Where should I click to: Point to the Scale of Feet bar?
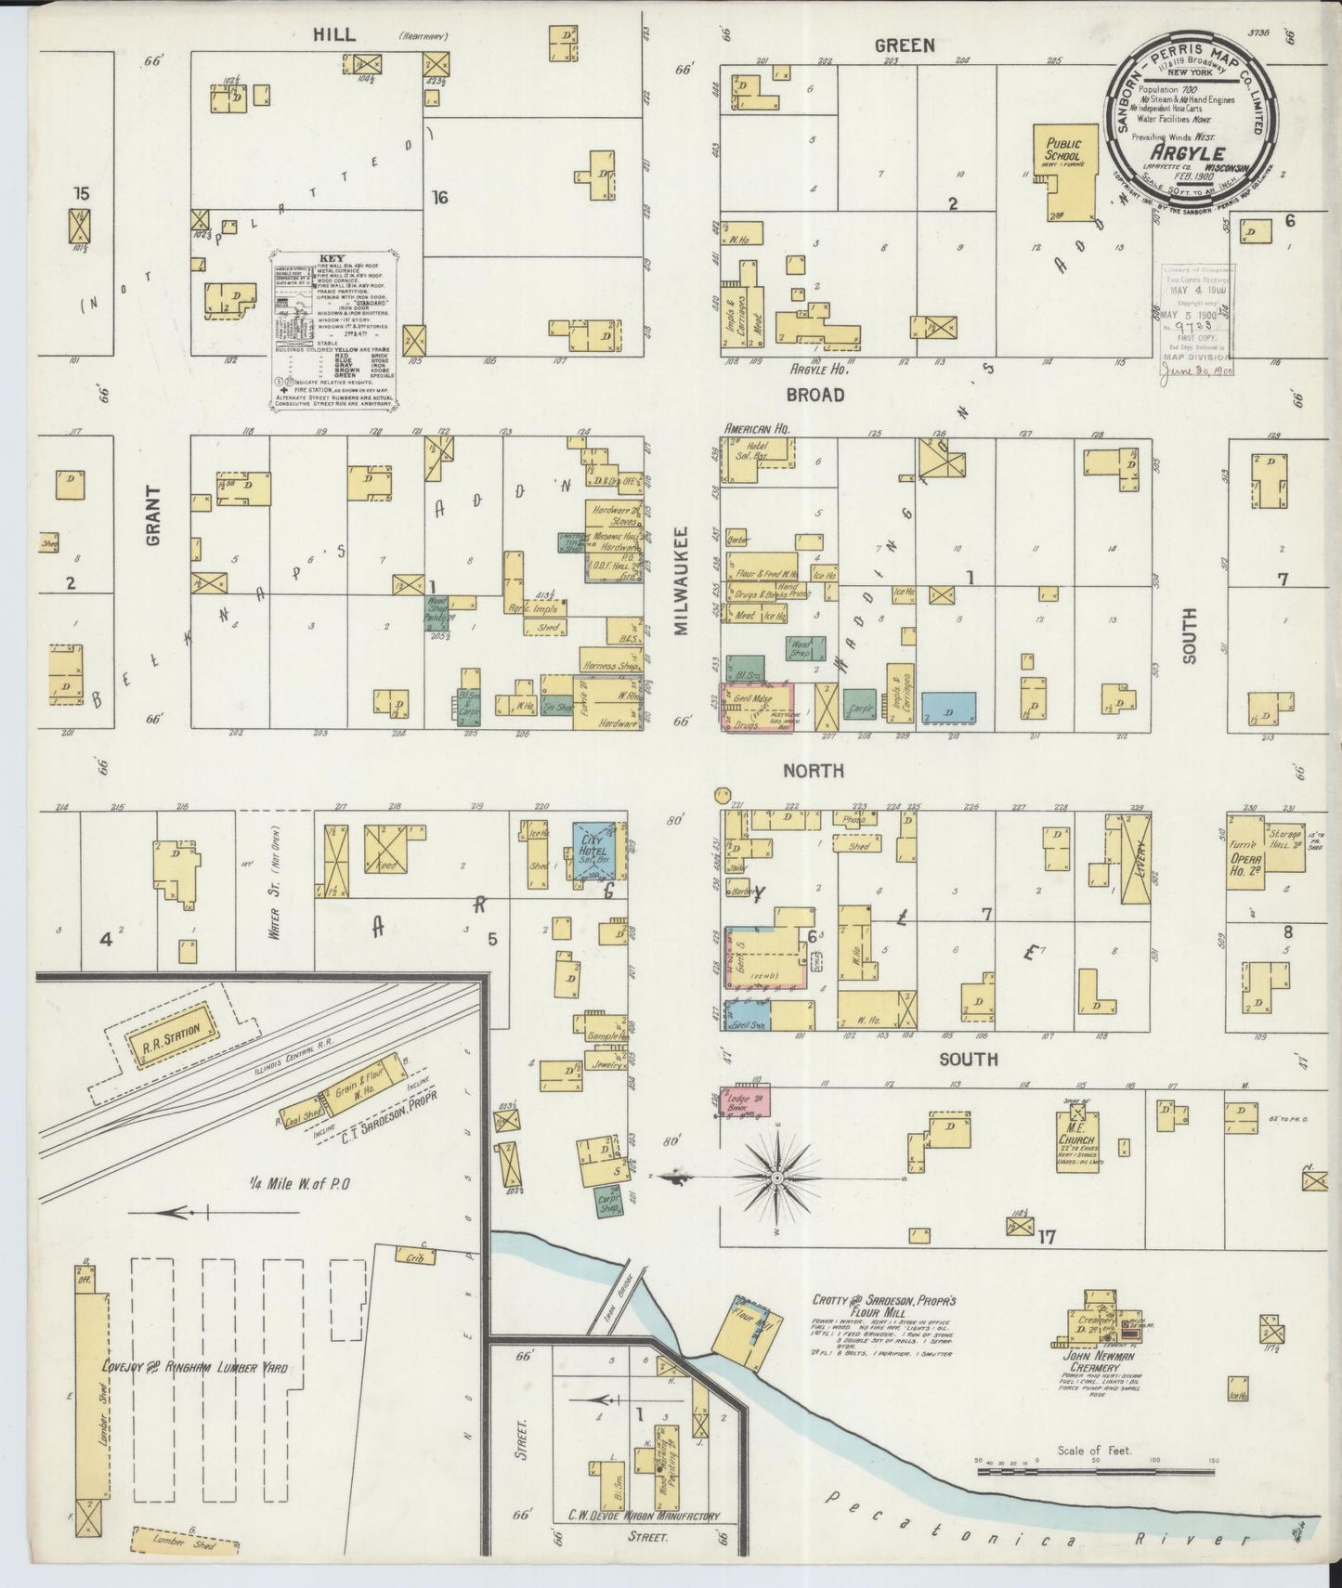click(x=1096, y=1470)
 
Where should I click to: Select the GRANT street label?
click(x=154, y=515)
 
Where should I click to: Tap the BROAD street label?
click(x=814, y=395)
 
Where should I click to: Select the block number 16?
click(x=439, y=197)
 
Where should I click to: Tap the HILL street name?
click(x=332, y=34)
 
